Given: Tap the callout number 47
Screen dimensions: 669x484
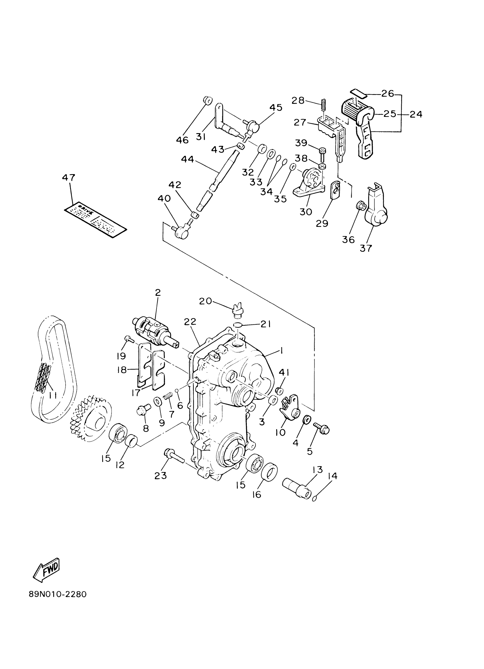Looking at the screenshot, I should coord(68,178).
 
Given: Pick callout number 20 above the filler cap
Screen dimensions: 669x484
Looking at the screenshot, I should coord(205,301).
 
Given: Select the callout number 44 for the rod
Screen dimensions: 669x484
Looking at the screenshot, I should coord(187,160).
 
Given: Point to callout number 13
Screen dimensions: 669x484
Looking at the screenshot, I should coord(318,469).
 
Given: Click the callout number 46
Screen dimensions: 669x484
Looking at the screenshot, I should coord(182,140).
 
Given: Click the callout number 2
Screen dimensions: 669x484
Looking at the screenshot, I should coord(158,293).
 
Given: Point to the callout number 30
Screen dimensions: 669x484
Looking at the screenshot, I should coord(305,212).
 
